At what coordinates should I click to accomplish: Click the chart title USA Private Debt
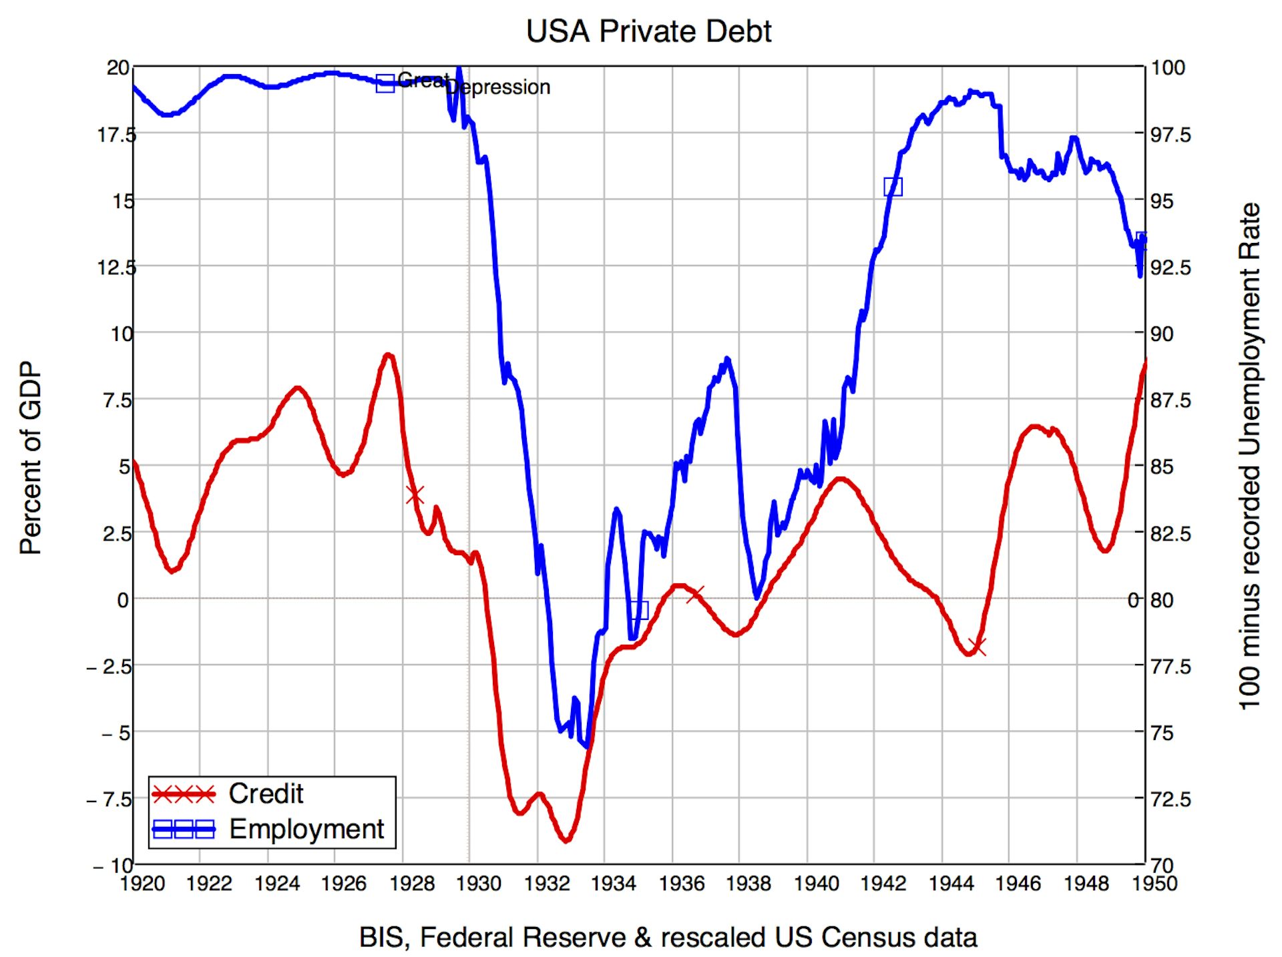click(x=648, y=31)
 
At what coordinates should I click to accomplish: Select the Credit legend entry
click(x=266, y=793)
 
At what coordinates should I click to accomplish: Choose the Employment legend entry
click(x=306, y=829)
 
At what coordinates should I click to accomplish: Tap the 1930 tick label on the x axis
click(x=478, y=884)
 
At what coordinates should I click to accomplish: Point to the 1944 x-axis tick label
click(x=951, y=884)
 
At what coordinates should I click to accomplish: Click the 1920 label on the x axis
click(x=142, y=884)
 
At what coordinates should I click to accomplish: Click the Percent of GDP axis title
click(x=31, y=458)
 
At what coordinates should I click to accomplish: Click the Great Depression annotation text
click(x=473, y=84)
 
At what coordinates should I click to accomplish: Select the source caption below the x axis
click(x=668, y=937)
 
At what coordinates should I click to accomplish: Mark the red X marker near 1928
click(x=415, y=495)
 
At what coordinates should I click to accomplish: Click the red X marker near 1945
click(x=977, y=646)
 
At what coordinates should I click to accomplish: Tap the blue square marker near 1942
click(x=893, y=187)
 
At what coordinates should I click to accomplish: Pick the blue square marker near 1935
click(x=639, y=610)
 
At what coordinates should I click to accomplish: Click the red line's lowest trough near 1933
click(x=566, y=840)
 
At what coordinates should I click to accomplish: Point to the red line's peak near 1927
click(x=388, y=355)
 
